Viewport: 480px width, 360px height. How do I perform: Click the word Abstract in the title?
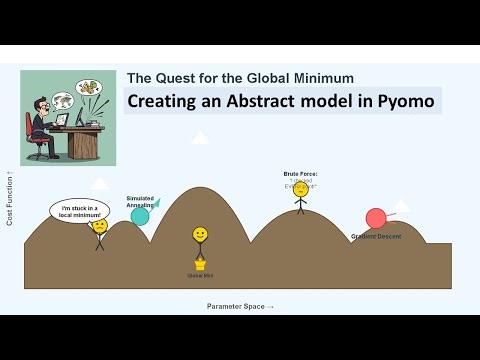point(239,102)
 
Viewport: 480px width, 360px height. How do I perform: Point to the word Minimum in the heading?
point(323,77)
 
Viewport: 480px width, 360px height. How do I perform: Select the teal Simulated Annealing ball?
point(140,216)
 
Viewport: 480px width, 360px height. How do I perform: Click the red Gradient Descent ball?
point(376,218)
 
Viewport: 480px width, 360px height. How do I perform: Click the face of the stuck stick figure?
point(99,227)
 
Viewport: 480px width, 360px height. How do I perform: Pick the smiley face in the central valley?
point(200,235)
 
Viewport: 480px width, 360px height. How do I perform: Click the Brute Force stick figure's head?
point(300,190)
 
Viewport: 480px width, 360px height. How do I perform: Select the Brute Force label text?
point(300,174)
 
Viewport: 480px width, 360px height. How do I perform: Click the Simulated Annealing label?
point(140,201)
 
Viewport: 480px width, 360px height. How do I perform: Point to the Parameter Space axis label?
point(240,306)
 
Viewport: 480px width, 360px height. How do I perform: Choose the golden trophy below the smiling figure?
point(200,265)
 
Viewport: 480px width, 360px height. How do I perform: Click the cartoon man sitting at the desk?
point(44,115)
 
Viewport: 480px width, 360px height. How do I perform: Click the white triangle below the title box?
point(200,137)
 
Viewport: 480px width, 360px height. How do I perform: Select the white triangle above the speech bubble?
point(99,183)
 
